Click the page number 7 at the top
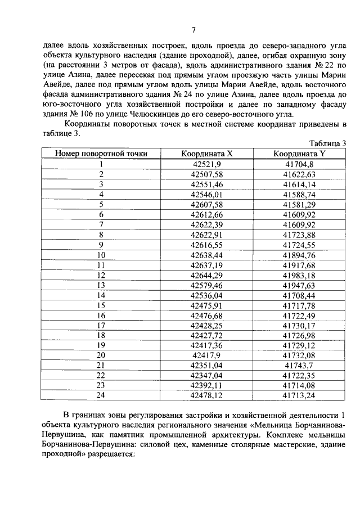(x=193, y=30)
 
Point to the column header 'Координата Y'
(x=299, y=154)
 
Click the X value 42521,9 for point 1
(x=207, y=164)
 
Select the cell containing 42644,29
(x=207, y=275)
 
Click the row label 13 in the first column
(x=101, y=285)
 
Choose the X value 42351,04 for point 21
(x=207, y=366)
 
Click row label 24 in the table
(x=101, y=396)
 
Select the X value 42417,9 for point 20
(x=207, y=355)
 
